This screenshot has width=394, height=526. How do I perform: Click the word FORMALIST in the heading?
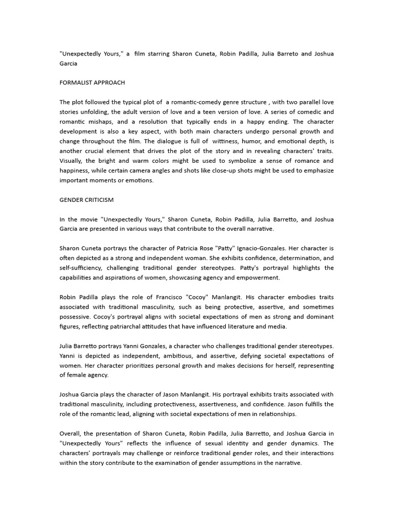point(77,82)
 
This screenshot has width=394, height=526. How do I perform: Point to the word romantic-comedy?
point(197,102)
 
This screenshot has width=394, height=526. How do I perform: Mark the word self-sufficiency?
point(83,268)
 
